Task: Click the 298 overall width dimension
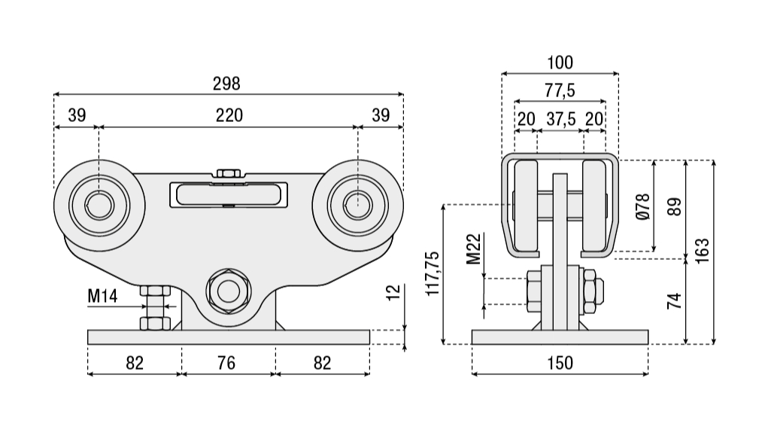(x=229, y=83)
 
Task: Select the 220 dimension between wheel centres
(x=229, y=115)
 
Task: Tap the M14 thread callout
(x=102, y=296)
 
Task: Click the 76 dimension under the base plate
(x=226, y=363)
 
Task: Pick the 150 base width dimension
(x=559, y=363)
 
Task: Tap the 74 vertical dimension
(x=675, y=300)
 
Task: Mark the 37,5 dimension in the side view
(x=560, y=118)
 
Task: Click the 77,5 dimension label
(x=560, y=90)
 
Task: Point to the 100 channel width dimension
(x=560, y=62)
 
